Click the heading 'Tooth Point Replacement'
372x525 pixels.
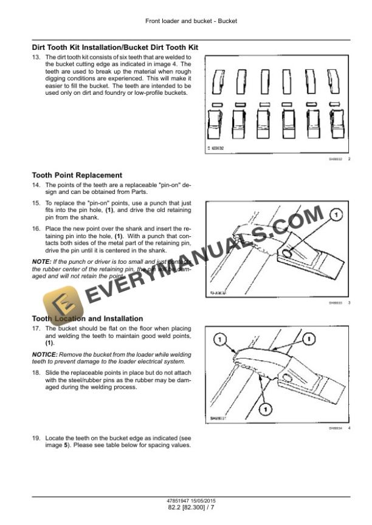tap(77, 175)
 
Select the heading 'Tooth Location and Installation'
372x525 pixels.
tap(87, 318)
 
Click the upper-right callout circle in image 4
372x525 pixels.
tap(309, 338)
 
